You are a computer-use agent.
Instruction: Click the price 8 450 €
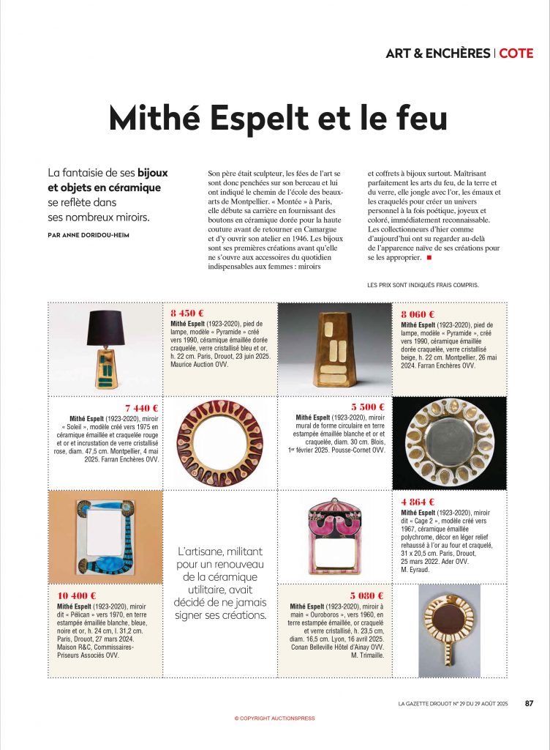pyautogui.click(x=187, y=313)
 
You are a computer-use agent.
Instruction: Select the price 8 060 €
pyautogui.click(x=418, y=313)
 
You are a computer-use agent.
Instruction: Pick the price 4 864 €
pyautogui.click(x=418, y=502)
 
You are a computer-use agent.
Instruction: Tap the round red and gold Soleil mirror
pyautogui.click(x=219, y=442)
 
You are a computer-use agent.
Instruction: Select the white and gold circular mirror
pyautogui.click(x=449, y=442)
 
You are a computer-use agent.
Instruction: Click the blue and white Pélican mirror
pyautogui.click(x=105, y=537)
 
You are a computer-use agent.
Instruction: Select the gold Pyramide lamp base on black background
pyautogui.click(x=334, y=349)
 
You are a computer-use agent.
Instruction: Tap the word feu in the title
pyautogui.click(x=412, y=119)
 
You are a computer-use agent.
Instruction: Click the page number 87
pyautogui.click(x=529, y=704)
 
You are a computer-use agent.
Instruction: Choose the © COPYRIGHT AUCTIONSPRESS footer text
pyautogui.click(x=274, y=719)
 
